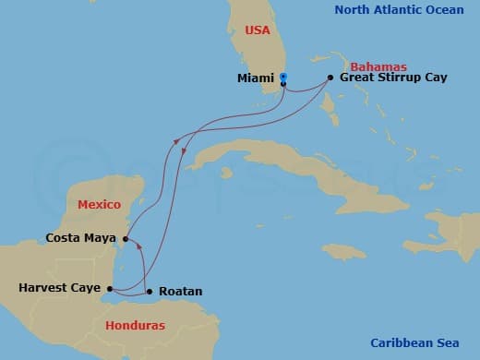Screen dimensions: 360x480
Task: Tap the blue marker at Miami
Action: point(283,78)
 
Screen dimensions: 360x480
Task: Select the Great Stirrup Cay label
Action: point(393,78)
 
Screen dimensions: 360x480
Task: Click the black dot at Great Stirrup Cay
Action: point(330,78)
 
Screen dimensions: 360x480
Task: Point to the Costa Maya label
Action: point(80,238)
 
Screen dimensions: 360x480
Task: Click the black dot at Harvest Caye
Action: point(108,288)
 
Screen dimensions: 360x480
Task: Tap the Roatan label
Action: point(181,292)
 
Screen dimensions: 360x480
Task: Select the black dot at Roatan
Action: point(150,292)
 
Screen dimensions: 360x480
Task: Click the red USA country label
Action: point(258,30)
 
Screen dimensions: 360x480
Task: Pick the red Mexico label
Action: point(100,203)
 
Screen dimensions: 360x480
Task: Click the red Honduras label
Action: point(135,326)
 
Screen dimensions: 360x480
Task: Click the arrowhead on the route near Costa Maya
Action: point(137,245)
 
